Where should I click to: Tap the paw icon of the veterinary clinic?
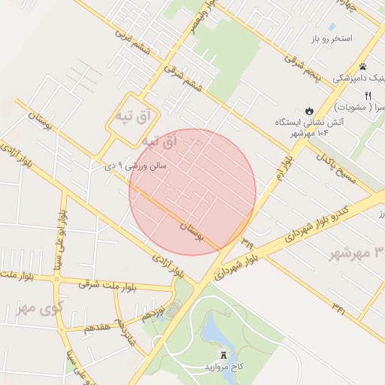click(362, 67)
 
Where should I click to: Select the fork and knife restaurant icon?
click(368, 95)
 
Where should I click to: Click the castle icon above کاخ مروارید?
click(223, 354)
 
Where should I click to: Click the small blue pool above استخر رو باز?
click(332, 26)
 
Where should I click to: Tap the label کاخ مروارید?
click(225, 367)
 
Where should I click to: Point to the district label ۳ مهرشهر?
click(356, 252)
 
